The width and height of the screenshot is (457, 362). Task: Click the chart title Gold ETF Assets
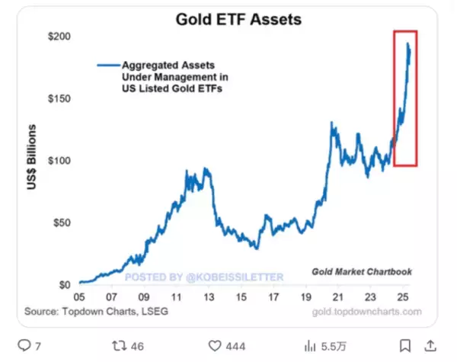coord(238,18)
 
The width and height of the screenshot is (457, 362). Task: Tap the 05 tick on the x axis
coord(80,297)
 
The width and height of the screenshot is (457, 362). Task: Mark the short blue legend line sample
coord(107,66)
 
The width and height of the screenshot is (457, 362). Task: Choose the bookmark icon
coord(406,346)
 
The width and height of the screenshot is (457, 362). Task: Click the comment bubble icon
coord(24,346)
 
